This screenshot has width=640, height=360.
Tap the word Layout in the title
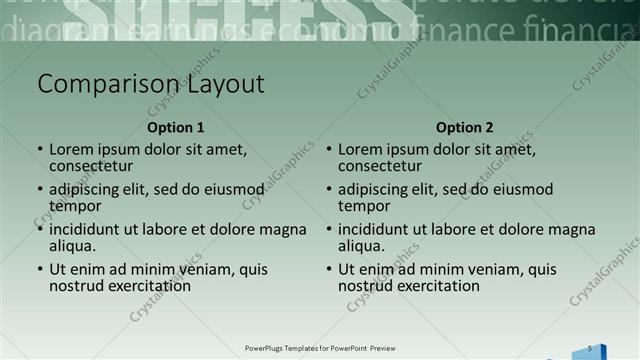point(226,84)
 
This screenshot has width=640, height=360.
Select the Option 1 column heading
point(175,127)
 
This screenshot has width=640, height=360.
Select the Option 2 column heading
point(465,127)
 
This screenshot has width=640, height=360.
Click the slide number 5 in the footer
point(590,347)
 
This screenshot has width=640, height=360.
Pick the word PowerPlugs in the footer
point(265,348)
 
